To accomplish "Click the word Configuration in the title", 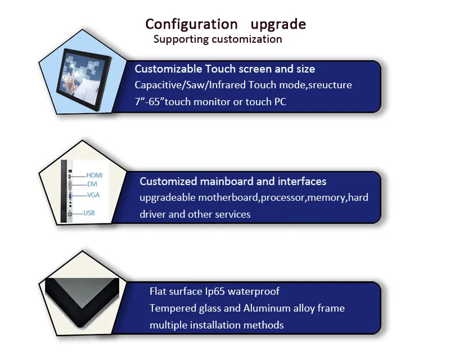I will click(191, 24).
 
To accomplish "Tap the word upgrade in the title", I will click(278, 24).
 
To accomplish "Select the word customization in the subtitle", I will click(247, 39).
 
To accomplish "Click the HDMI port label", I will click(94, 175).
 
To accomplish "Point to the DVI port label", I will click(92, 184).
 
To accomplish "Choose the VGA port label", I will click(93, 195).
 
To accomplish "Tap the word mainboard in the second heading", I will click(228, 182).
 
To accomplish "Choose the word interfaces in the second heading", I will click(300, 182).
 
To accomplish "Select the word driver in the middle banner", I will click(154, 214).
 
